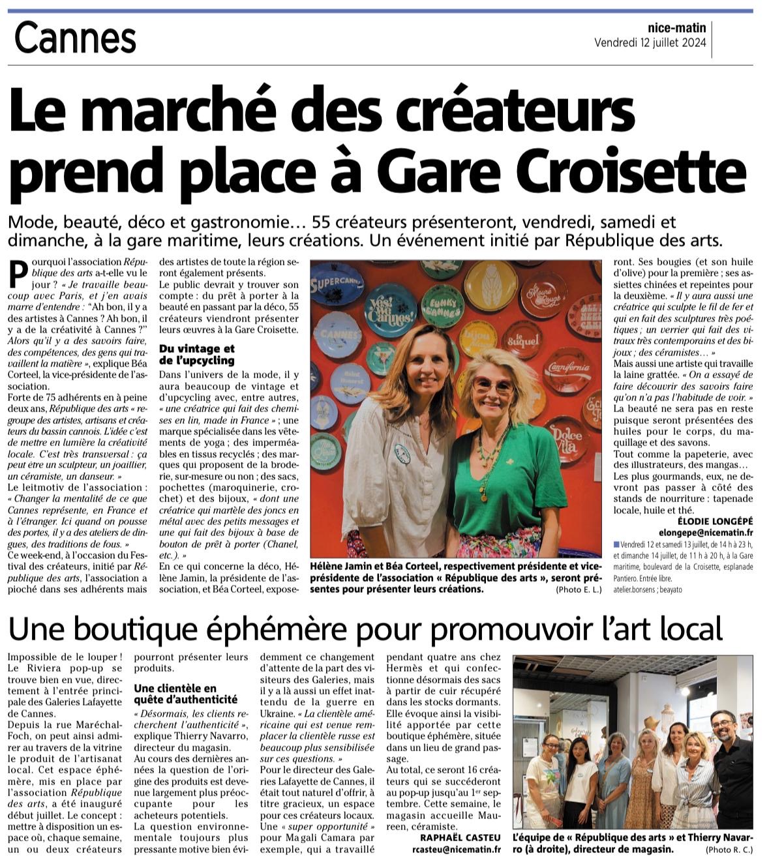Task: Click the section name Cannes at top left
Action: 75,38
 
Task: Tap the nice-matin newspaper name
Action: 676,27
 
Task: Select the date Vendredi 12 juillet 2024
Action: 650,43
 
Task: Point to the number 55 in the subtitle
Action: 322,222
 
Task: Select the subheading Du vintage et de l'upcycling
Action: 196,354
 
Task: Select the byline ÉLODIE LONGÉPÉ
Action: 715,521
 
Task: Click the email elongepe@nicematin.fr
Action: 706,532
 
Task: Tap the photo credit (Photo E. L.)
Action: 578,589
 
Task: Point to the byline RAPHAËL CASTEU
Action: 460,837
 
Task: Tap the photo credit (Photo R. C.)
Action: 729,850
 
